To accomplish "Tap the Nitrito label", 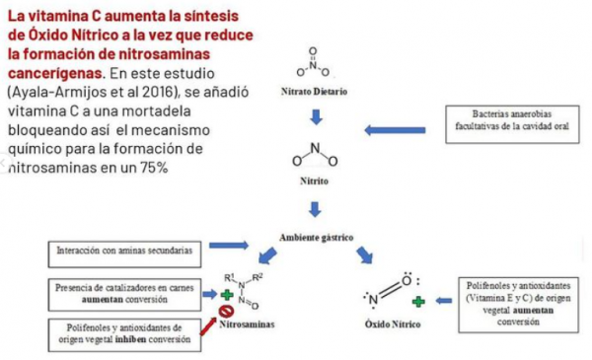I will [314, 181].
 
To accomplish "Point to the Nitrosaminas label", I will [247, 323].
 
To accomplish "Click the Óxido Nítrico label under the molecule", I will [393, 324].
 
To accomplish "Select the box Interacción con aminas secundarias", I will [124, 251].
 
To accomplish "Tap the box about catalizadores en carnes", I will [122, 292].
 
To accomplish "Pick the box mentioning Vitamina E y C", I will [517, 302].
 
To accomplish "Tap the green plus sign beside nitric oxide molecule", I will [417, 299].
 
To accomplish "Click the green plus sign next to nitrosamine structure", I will [229, 293].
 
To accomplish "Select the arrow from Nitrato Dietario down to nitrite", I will [315, 117].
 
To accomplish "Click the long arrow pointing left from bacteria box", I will [395, 129].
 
